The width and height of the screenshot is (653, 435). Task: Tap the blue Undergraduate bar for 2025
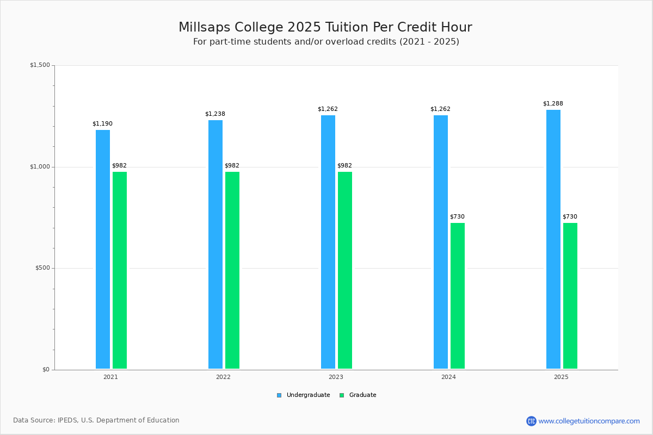point(553,239)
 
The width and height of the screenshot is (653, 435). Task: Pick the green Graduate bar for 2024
point(458,296)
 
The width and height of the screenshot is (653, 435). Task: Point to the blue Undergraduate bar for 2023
point(328,242)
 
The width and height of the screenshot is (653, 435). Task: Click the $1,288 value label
point(553,103)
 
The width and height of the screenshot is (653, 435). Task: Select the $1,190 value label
point(102,123)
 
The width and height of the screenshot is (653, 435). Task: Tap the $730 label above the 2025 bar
point(570,216)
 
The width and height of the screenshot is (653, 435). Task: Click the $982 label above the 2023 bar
point(344,165)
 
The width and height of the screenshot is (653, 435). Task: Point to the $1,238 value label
point(215,114)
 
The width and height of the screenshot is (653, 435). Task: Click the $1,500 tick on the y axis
point(40,65)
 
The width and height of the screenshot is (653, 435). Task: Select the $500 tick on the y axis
point(42,268)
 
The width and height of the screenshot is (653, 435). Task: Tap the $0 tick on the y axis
point(46,370)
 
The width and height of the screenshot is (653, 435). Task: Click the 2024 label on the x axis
point(448,377)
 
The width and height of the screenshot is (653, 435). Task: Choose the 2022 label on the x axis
point(223,377)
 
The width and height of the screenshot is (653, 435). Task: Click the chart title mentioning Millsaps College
point(325,27)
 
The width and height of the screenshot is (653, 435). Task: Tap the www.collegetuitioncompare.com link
point(589,421)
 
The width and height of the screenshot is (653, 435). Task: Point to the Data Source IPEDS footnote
point(96,420)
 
